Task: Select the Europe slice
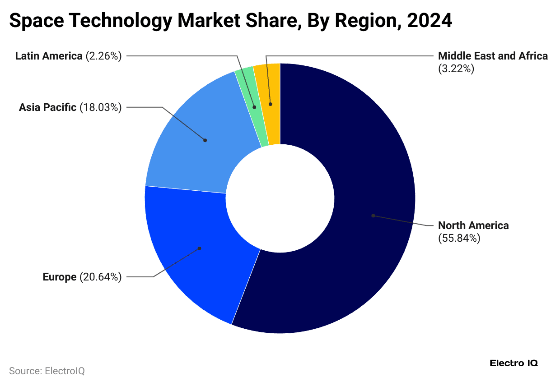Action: pos(190,253)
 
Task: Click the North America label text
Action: pos(473,225)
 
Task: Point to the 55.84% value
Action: pos(459,238)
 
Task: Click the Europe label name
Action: pos(60,277)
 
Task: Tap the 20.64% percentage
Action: pos(101,277)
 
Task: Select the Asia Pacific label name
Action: pos(47,107)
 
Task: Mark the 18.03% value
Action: pos(101,107)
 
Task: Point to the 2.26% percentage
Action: pos(103,56)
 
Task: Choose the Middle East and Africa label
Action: pos(493,56)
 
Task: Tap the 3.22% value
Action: pos(456,69)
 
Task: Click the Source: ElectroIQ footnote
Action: pos(47,371)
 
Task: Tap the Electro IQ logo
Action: pos(513,363)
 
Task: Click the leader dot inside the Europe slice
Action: pos(200,248)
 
